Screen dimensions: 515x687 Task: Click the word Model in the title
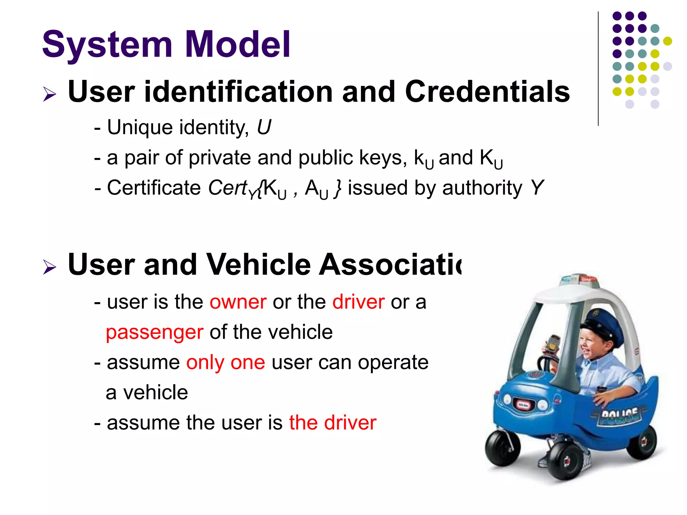click(237, 44)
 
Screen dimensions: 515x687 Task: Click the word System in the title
click(107, 45)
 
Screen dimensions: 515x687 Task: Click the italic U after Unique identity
click(264, 127)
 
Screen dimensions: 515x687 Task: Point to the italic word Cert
click(228, 187)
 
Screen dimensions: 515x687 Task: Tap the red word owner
click(238, 302)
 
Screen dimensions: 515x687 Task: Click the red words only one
click(225, 362)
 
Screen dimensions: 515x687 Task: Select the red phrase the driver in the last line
click(333, 422)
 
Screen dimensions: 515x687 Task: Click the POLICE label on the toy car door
click(619, 416)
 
